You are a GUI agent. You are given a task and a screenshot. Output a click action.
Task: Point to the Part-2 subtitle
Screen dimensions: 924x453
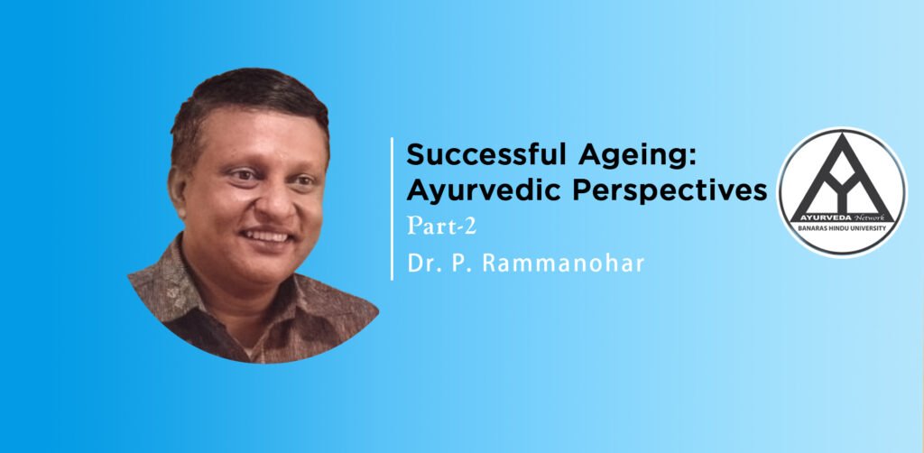(x=441, y=226)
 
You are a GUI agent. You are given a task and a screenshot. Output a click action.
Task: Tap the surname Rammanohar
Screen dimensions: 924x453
(x=563, y=263)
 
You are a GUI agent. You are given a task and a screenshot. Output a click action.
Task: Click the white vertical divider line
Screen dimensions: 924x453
(x=392, y=208)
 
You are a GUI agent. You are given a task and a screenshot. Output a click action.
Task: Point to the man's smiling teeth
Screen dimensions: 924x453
(x=265, y=236)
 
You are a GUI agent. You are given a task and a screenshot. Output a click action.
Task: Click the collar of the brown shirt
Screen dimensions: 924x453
(x=195, y=277)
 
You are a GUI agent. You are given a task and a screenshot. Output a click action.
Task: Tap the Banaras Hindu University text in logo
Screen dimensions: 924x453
(x=842, y=227)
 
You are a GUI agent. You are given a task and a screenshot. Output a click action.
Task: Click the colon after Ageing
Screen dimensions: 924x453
(x=694, y=157)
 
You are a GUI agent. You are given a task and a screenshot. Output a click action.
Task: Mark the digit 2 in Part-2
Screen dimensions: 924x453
(x=469, y=226)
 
